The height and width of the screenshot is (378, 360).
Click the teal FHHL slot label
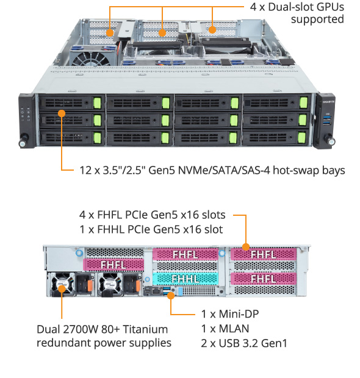point(185,279)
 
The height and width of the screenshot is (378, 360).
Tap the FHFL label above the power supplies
point(113,265)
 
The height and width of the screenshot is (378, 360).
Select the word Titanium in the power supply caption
point(145,329)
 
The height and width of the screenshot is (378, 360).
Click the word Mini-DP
point(239,314)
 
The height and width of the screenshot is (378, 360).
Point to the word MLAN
point(234,329)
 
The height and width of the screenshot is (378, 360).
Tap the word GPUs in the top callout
point(330,7)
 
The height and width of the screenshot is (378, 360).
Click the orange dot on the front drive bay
point(62,113)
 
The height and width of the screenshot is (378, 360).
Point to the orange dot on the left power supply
point(62,289)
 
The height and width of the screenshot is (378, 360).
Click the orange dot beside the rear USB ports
point(171,296)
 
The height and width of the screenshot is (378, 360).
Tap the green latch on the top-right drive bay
point(303,102)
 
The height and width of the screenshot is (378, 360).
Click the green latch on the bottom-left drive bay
point(97,138)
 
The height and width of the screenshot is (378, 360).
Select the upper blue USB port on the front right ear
point(327,118)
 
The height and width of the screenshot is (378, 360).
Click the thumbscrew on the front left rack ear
point(23,142)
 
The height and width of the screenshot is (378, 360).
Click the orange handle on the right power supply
point(139,286)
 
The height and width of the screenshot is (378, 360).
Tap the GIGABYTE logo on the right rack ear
point(329,102)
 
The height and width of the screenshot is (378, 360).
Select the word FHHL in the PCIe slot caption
point(111,229)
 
